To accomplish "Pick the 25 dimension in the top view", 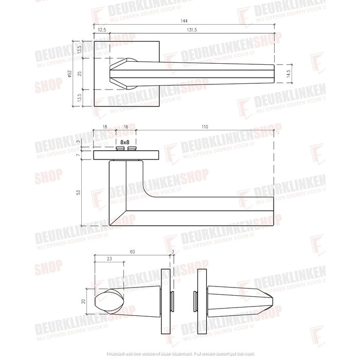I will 79,74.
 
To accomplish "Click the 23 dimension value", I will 109,260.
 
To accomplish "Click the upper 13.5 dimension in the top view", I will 79,50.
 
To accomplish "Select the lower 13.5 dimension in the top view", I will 79,97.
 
